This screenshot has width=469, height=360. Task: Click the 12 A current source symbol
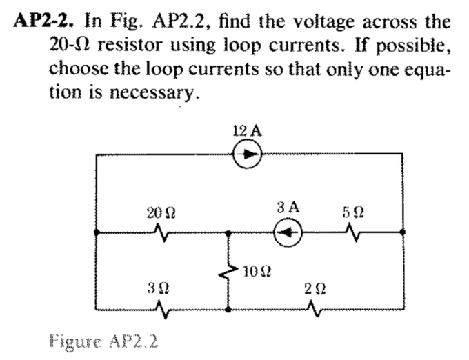pyautogui.click(x=246, y=154)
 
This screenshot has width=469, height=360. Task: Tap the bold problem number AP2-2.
pyautogui.click(x=43, y=20)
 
